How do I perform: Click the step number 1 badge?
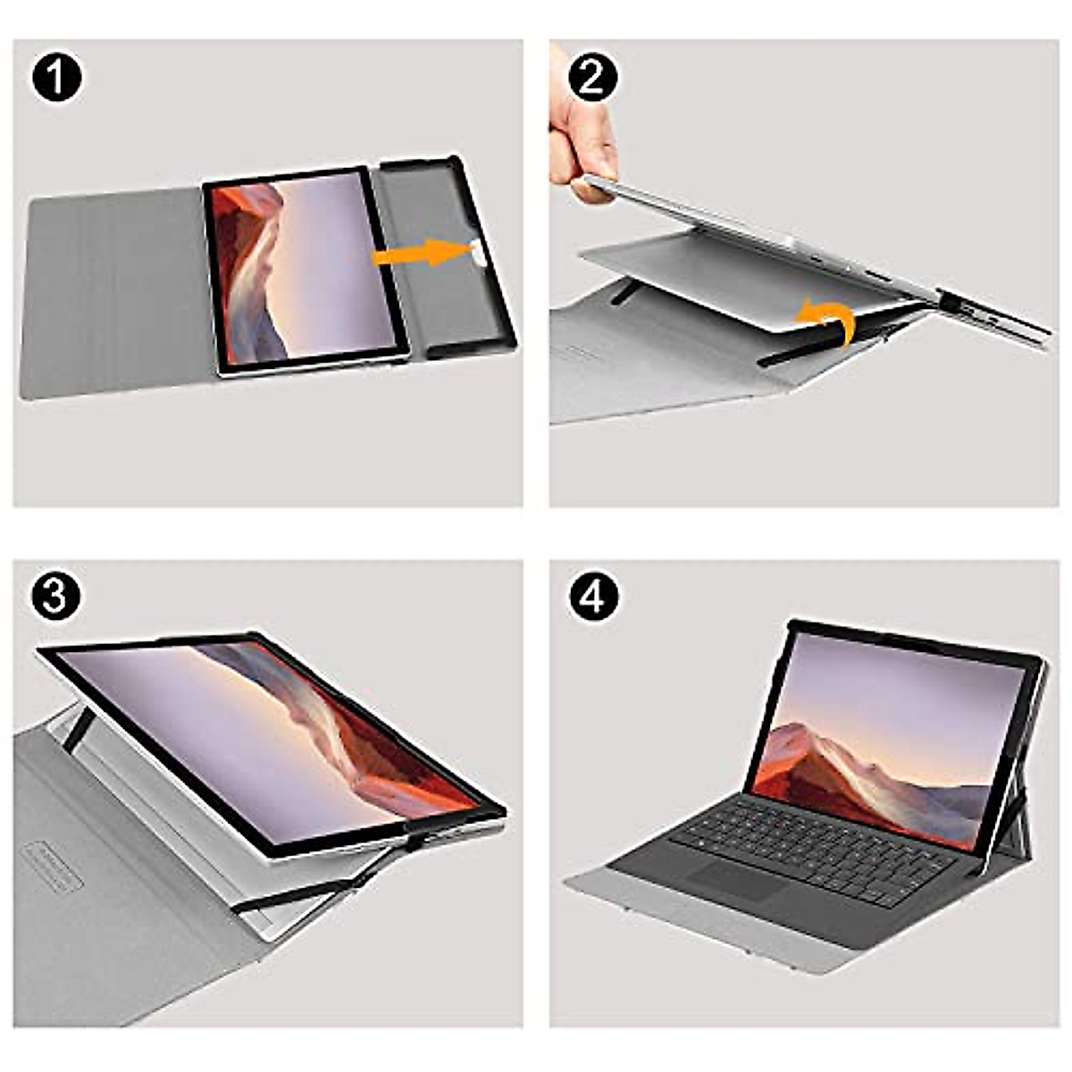[x=57, y=77]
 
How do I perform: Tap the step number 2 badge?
[x=592, y=77]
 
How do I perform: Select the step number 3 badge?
[x=55, y=597]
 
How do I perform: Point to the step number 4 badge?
[x=592, y=597]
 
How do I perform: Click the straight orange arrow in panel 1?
[x=420, y=254]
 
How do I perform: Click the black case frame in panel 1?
[x=447, y=259]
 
